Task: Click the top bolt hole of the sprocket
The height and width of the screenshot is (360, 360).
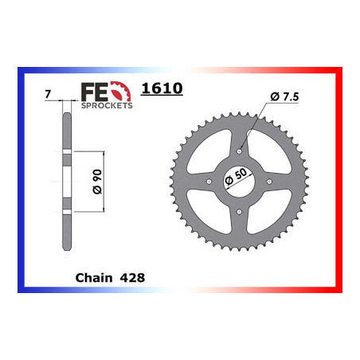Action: [x=240, y=149]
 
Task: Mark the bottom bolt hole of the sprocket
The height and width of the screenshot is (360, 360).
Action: [x=240, y=211]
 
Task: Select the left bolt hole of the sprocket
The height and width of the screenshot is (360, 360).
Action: [x=209, y=180]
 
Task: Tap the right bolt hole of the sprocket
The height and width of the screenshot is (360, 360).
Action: [x=271, y=180]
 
